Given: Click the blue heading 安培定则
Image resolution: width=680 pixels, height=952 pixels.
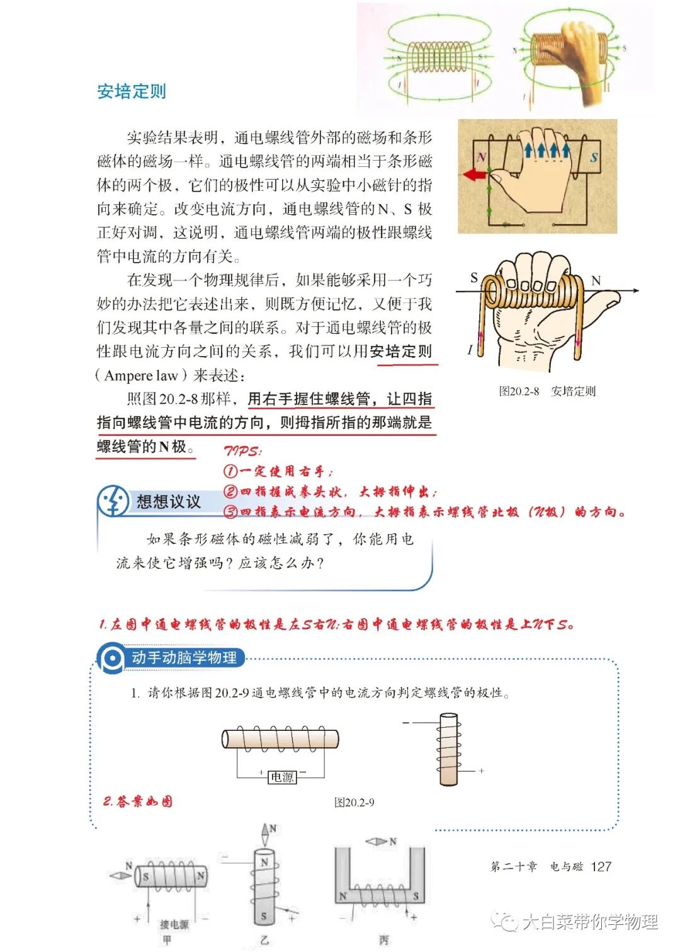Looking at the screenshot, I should [132, 91].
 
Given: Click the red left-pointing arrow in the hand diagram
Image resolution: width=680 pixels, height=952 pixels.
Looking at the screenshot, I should [475, 175].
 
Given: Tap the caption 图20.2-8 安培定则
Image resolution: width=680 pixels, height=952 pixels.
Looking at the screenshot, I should [547, 391].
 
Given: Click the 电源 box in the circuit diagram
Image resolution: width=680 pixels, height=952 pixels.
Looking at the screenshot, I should [281, 777].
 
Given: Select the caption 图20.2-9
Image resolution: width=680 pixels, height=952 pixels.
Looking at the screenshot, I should [354, 802].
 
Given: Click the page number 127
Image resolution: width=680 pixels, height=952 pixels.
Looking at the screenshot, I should [601, 866].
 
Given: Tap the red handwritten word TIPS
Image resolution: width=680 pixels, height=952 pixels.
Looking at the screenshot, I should [242, 451].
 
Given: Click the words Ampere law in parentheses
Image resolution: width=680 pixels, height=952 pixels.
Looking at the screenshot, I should [141, 376].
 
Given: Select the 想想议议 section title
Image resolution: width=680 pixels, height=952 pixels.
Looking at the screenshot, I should [168, 502].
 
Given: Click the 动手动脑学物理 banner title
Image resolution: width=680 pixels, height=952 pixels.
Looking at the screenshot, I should [184, 658].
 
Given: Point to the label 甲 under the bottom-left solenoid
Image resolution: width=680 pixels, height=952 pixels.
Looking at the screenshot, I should [167, 939].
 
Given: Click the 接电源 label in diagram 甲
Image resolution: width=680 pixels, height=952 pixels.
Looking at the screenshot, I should [174, 924].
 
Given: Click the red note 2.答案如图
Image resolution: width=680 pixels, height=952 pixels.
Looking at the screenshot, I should [137, 801].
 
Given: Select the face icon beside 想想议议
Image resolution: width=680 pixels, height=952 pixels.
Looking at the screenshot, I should [113, 502].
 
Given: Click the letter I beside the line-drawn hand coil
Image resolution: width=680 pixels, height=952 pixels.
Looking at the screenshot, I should [470, 350].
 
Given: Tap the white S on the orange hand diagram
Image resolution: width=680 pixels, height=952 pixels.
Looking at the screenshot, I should [594, 158].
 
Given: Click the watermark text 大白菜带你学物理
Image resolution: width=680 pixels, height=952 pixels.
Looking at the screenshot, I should [589, 922].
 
